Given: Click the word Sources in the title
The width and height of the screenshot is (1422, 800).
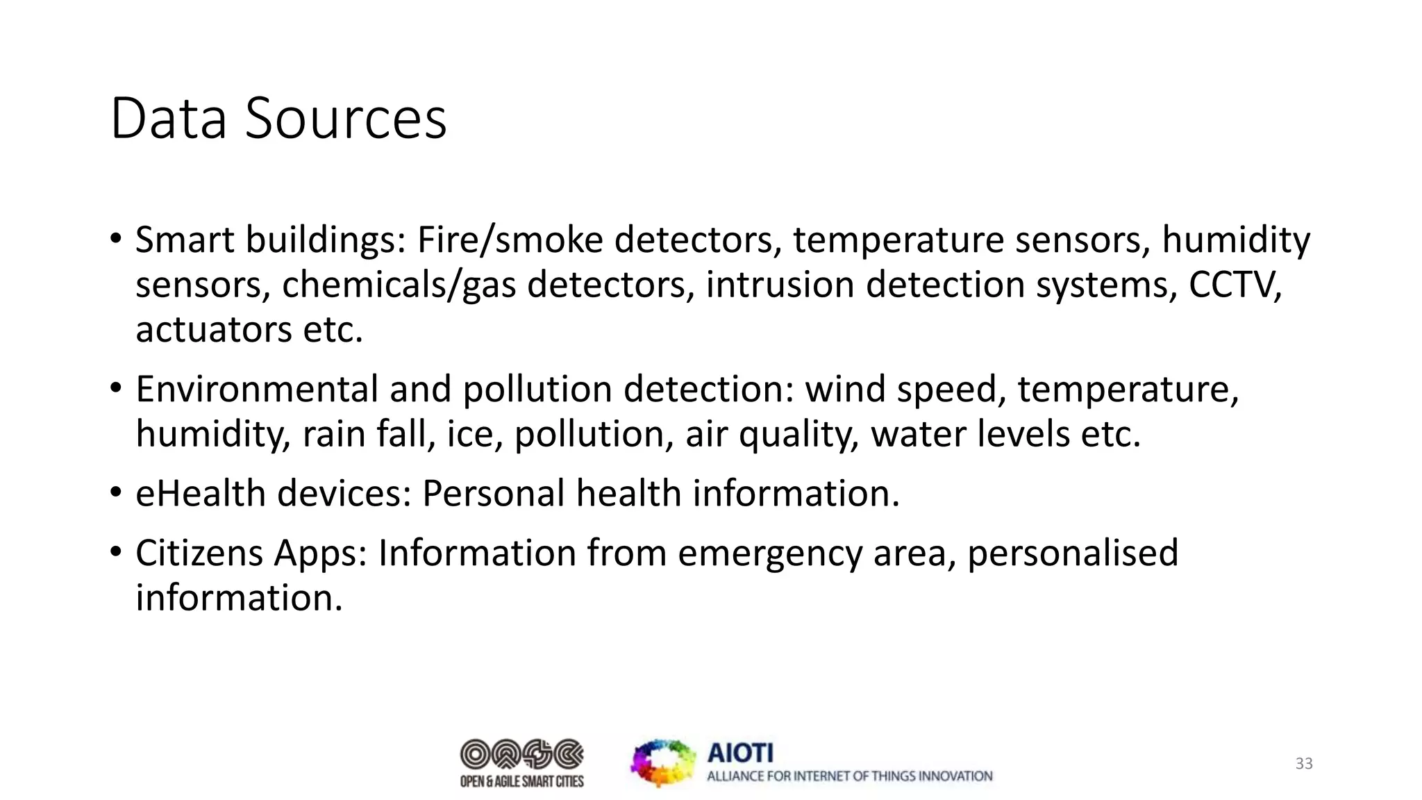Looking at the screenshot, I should (346, 119).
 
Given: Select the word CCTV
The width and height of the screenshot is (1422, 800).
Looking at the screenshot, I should (1235, 285).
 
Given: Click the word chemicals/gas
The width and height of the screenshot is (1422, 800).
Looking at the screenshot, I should (399, 285).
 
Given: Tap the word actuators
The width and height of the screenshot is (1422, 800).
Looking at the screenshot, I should (213, 330).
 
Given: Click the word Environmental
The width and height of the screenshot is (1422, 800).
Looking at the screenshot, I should (256, 389).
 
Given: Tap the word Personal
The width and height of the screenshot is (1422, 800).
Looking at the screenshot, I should (494, 494).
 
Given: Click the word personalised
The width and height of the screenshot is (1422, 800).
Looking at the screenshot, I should (1073, 553).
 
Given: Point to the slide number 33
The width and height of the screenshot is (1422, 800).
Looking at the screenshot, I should (1304, 764).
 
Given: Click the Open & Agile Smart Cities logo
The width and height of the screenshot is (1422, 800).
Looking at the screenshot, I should (522, 762).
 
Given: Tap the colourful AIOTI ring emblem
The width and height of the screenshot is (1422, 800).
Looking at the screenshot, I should (663, 762).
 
